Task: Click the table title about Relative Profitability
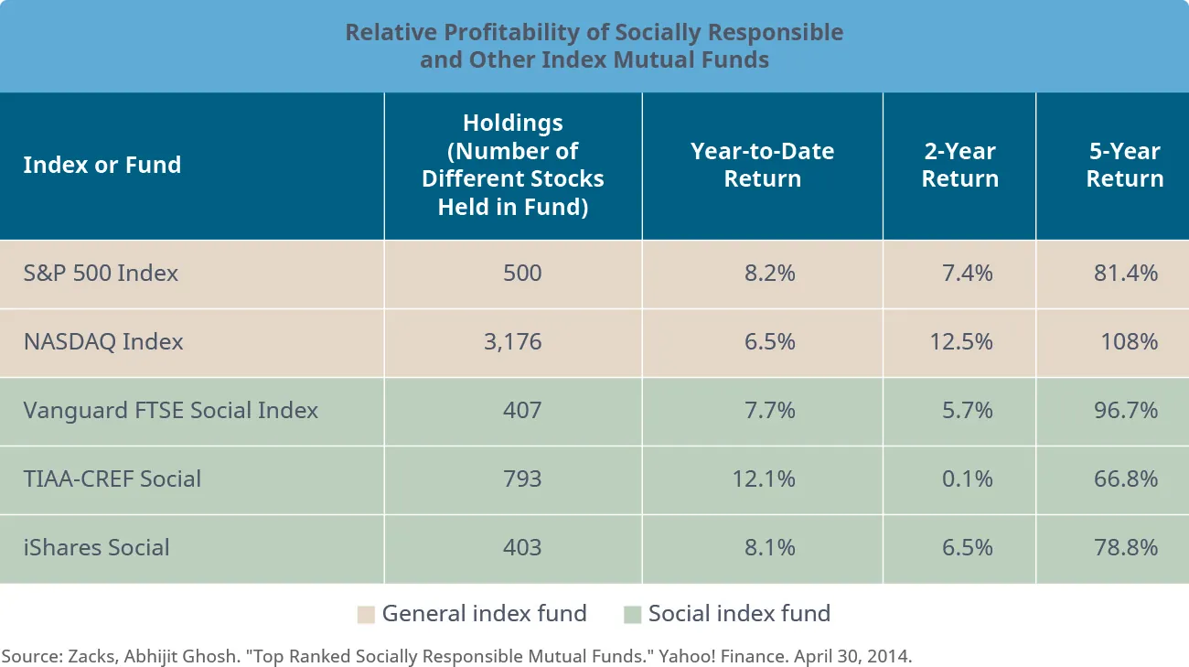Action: (594, 46)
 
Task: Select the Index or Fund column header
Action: (102, 166)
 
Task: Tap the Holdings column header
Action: (512, 165)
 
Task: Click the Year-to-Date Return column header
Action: (762, 165)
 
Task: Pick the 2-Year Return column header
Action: (959, 165)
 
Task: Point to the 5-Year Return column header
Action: (1124, 165)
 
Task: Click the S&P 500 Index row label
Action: (101, 273)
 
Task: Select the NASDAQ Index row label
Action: (103, 342)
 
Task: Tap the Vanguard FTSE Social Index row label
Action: (170, 410)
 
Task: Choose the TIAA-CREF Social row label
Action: (112, 479)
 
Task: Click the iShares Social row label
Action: (96, 547)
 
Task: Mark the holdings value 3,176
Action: (513, 342)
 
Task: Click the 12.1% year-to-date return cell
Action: (766, 479)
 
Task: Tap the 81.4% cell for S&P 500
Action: (1126, 273)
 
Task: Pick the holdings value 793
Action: (522, 479)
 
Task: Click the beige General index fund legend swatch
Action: (366, 615)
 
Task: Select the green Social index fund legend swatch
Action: (632, 615)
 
